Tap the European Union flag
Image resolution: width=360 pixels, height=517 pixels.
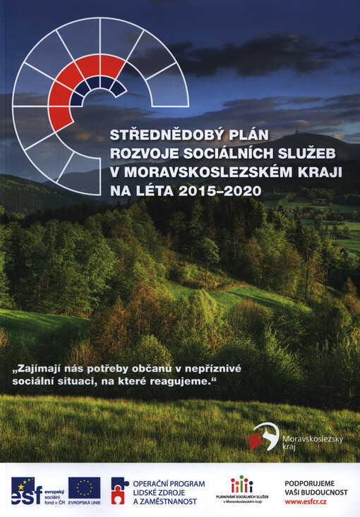coord(84,487)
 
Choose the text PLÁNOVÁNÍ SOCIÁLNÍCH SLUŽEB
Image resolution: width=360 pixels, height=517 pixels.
coord(241,497)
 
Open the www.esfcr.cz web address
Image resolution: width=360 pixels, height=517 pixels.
coord(306,501)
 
